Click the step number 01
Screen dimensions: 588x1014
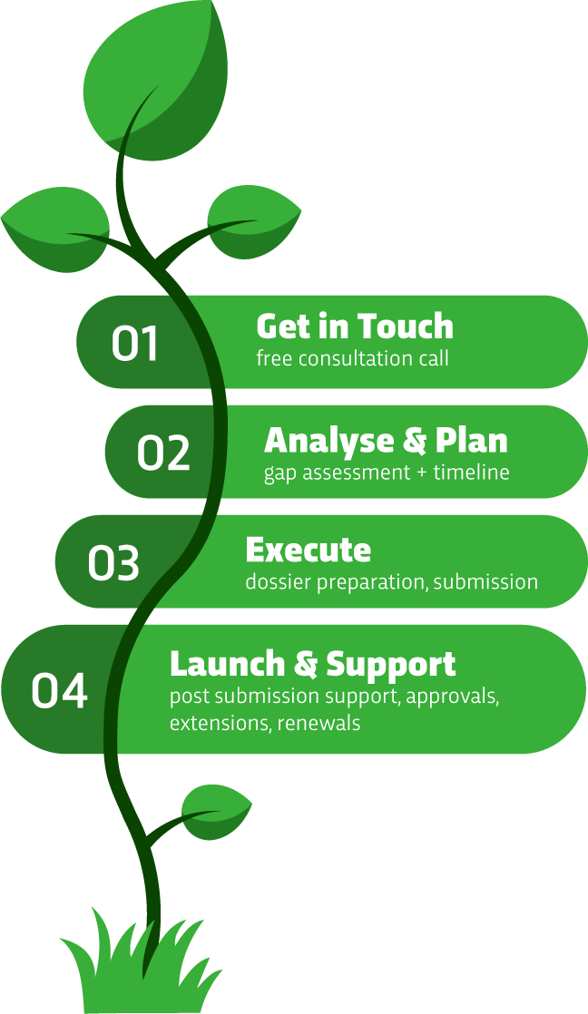tap(134, 343)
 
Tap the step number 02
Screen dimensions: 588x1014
tap(163, 452)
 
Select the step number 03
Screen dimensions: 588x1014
tap(113, 562)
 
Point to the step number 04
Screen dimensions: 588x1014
tap(59, 690)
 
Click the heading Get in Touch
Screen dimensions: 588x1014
tap(355, 326)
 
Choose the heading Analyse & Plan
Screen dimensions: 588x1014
tap(386, 441)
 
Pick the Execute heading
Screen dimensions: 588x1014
tap(309, 551)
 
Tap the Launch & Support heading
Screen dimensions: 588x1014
tap(313, 665)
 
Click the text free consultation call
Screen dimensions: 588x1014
tap(353, 358)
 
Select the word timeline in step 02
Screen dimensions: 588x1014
tap(472, 472)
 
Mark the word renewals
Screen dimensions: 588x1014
tap(318, 722)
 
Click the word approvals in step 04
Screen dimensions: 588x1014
tap(452, 697)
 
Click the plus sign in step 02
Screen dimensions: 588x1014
tap(422, 473)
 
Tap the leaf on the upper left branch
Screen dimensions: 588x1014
tap(55, 228)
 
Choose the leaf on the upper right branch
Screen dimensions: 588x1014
tap(253, 222)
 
